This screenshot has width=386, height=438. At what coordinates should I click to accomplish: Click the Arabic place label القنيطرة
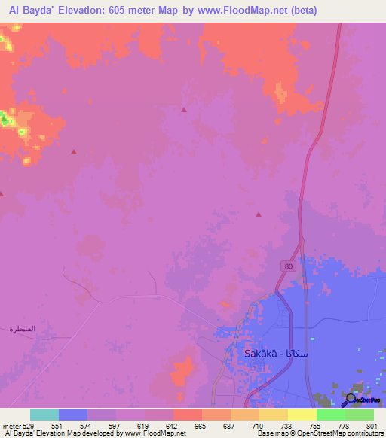23,329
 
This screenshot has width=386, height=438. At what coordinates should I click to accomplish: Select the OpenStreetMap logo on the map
363,399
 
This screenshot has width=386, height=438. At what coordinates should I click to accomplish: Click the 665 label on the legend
201,426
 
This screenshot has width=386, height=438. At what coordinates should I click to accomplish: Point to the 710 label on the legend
258,426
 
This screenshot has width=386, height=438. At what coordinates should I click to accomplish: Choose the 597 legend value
115,426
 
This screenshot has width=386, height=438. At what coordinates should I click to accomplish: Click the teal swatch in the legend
44,415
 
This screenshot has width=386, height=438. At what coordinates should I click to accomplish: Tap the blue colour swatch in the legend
73,415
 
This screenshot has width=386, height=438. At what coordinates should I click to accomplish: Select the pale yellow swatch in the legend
302,415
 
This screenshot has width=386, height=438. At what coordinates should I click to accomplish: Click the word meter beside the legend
11,426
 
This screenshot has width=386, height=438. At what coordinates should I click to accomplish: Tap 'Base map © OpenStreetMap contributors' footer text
318,434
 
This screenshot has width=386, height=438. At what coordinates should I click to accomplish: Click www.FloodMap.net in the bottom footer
155,434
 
